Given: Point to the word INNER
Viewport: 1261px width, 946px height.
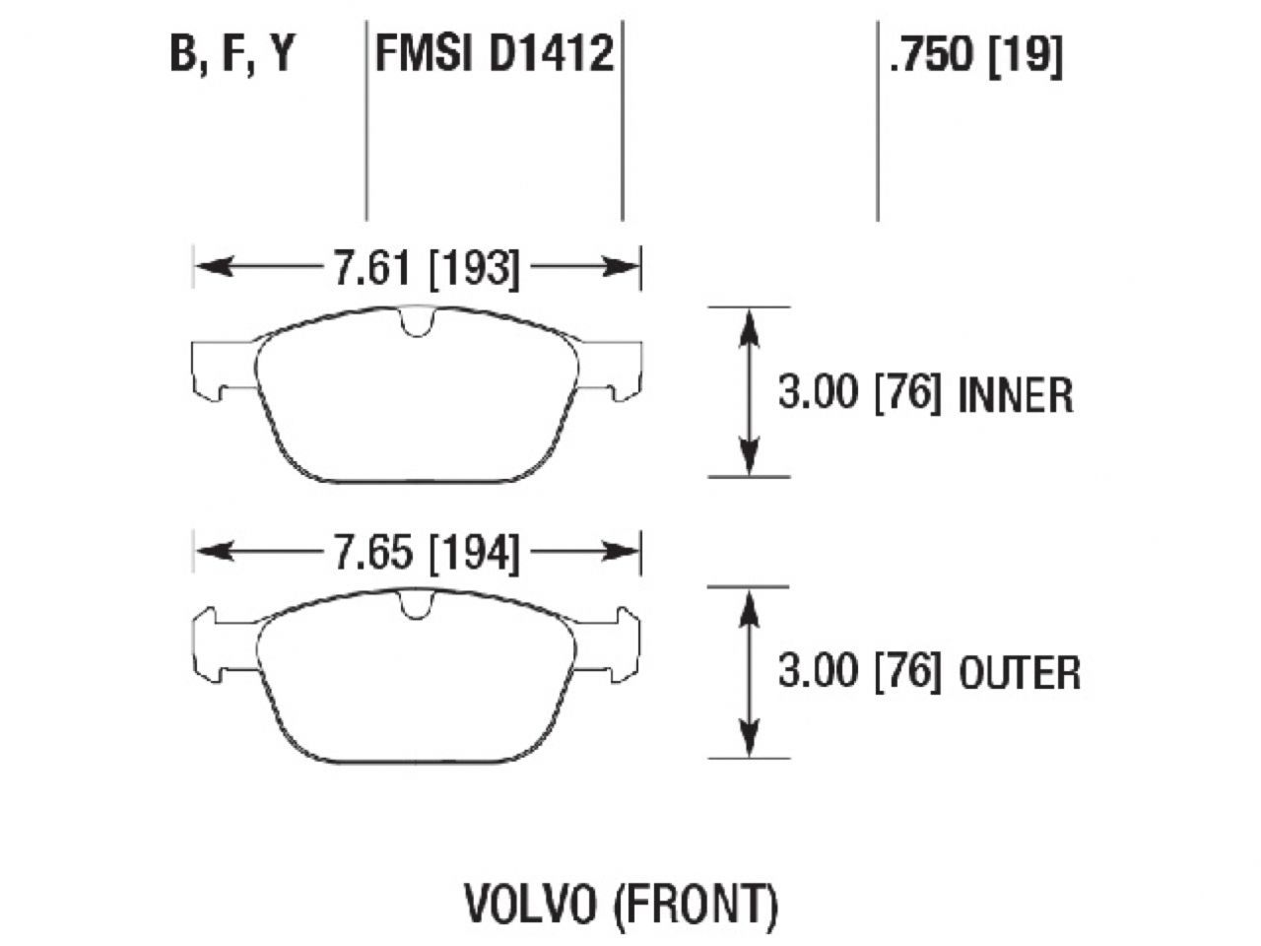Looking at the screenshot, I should tap(1015, 395).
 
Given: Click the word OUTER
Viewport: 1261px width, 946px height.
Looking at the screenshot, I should tap(1019, 674).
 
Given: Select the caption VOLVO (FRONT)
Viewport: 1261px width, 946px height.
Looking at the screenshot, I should tap(621, 903).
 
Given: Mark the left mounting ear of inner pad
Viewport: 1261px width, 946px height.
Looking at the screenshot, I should tap(217, 369).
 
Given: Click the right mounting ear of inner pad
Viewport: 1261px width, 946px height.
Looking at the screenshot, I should tap(616, 369).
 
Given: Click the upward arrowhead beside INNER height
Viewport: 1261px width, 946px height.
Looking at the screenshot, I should tap(750, 325).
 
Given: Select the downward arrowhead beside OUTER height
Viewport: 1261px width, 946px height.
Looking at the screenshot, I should tap(750, 740).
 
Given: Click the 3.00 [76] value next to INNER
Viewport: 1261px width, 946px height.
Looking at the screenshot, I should tap(859, 395).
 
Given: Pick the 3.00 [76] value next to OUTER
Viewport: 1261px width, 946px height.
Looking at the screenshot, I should tap(859, 674).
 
